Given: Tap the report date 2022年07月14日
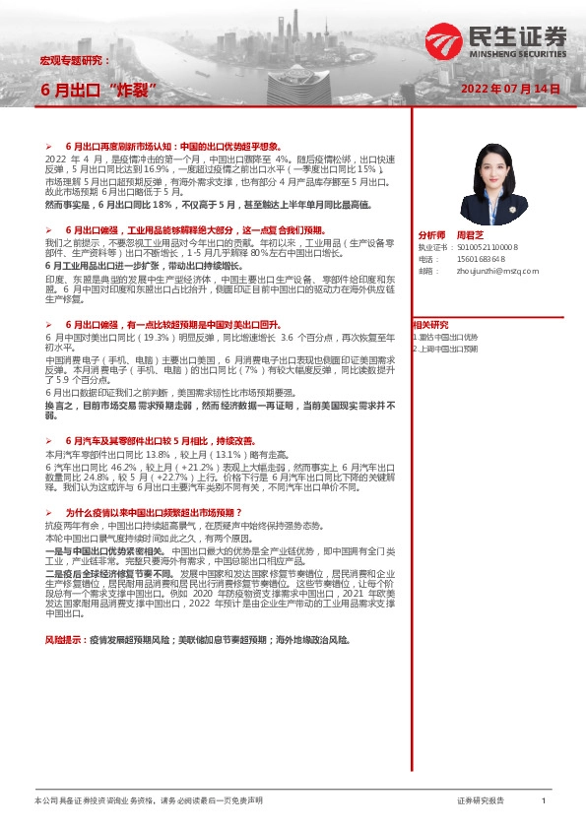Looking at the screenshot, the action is coord(510,89).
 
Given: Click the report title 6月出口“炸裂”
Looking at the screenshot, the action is coord(99,89).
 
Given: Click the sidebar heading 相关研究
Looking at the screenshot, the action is coord(430,324).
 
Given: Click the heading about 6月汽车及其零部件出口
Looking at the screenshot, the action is coord(156,414).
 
